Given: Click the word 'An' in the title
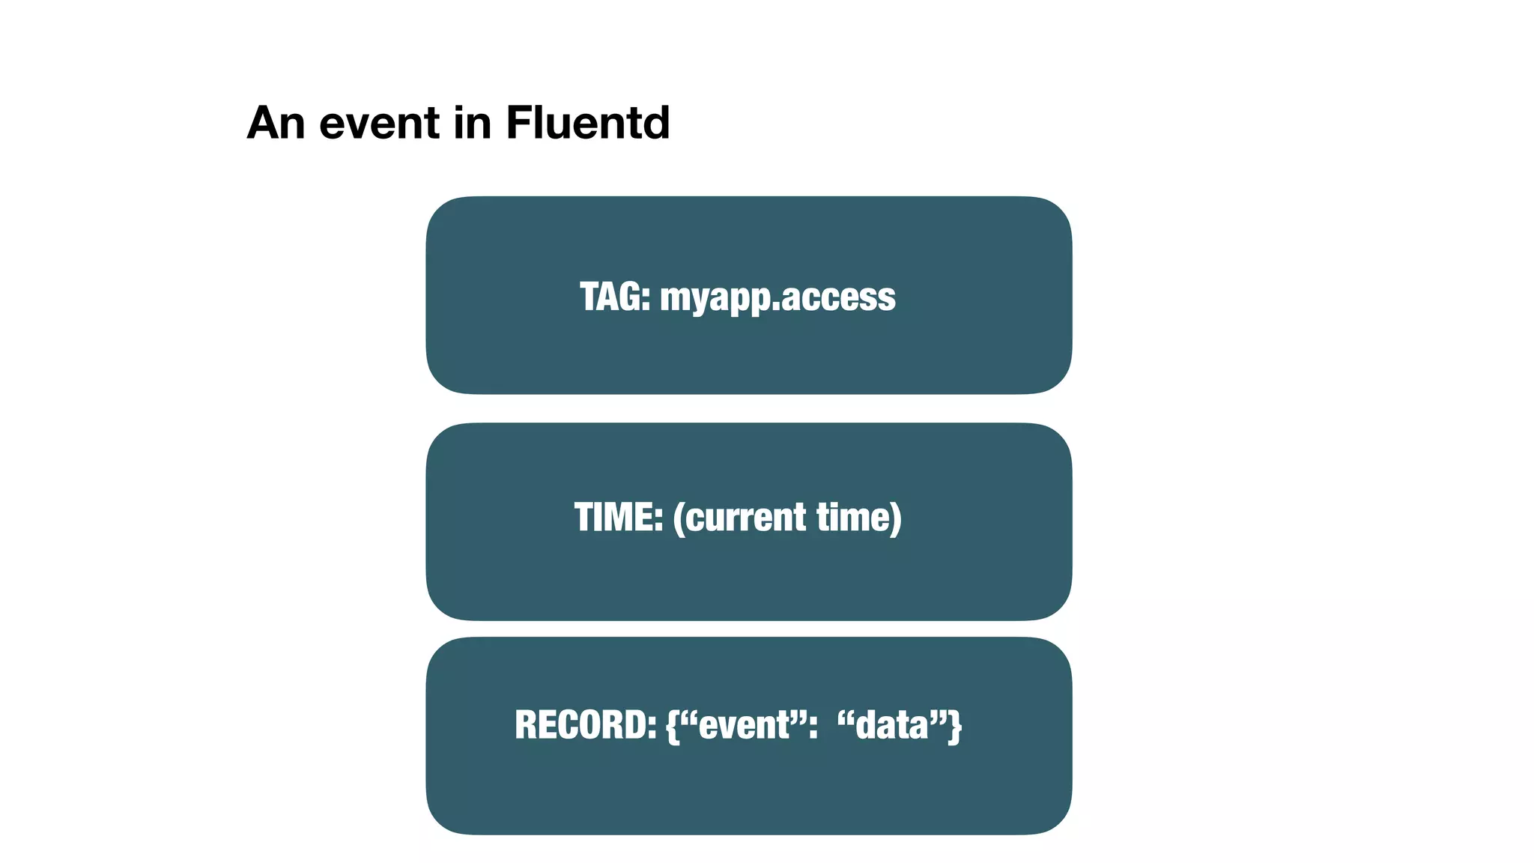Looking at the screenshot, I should coord(276,122).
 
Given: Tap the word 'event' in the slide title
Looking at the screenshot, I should coord(380,124).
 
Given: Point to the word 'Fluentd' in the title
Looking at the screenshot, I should coord(587,122).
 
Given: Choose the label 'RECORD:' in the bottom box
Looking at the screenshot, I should coord(585,725).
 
